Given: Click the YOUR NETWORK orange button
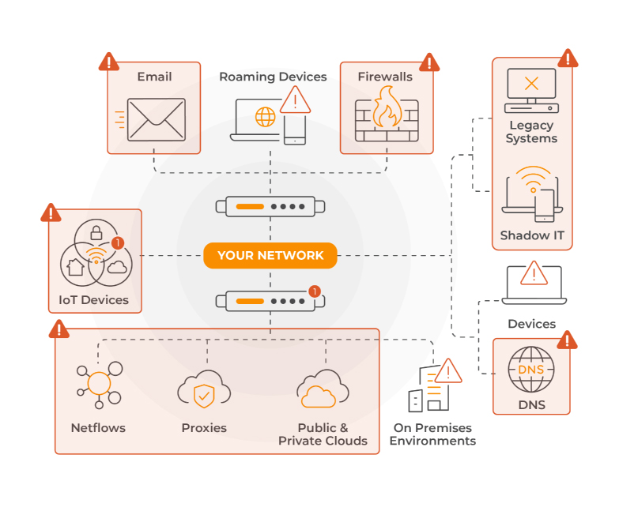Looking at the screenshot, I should point(270,255).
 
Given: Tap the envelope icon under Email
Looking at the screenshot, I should point(156,119).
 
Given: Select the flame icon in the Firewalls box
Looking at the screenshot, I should point(387,108).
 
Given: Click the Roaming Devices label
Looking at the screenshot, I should point(273,77).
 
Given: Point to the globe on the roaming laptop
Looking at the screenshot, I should point(265,118).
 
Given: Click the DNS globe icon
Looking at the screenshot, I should point(531,370).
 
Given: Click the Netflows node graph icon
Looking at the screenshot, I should point(99,385).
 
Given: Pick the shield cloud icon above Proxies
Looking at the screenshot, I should point(204,391).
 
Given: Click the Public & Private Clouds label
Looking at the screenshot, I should point(323,434).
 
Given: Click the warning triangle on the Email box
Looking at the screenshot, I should point(108,62).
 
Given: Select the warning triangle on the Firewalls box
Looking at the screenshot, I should point(429,62).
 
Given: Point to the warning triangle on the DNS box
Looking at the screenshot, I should point(567,340).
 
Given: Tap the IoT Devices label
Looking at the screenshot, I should point(94,300).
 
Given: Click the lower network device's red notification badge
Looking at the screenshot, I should point(314,291).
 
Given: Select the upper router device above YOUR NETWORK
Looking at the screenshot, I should point(270,207).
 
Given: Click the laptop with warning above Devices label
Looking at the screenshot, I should point(534,284).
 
